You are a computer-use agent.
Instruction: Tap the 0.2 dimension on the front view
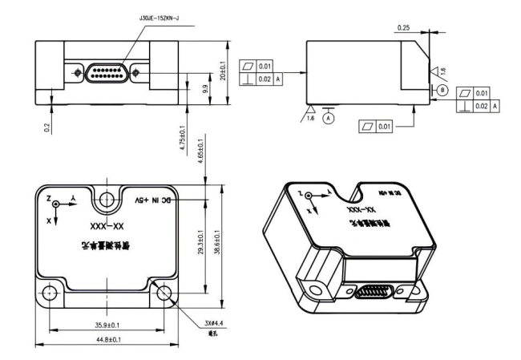(47, 127)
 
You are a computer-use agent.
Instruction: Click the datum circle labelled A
(328, 116)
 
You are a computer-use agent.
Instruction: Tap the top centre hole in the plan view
(107, 198)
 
